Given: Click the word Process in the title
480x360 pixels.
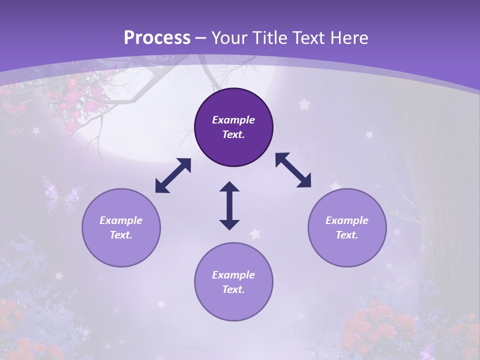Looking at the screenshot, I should (x=157, y=38).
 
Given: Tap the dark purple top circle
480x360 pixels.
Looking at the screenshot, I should (x=233, y=127).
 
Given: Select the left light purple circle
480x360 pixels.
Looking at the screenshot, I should (x=121, y=227).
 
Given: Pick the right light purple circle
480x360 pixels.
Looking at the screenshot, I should (x=347, y=227).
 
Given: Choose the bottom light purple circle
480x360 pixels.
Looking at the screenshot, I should (x=233, y=282).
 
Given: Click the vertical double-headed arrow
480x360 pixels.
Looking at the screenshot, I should (x=229, y=205).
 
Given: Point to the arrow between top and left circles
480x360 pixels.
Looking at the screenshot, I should (x=173, y=175).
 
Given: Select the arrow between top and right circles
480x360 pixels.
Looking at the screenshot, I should (x=293, y=170).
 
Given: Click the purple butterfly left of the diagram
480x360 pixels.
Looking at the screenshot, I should (x=61, y=195).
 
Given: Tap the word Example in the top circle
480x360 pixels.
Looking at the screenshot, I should (x=233, y=120).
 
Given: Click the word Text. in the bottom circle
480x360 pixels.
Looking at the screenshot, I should (x=233, y=289).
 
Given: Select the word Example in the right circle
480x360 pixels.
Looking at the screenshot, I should (x=347, y=220).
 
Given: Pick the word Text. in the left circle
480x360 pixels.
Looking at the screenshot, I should (x=121, y=235).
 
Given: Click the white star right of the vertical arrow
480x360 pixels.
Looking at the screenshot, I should (x=255, y=233).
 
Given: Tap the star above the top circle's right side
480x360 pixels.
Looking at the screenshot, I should (x=304, y=104).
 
